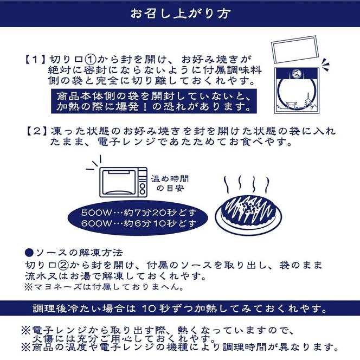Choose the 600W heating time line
[x=138, y=223]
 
